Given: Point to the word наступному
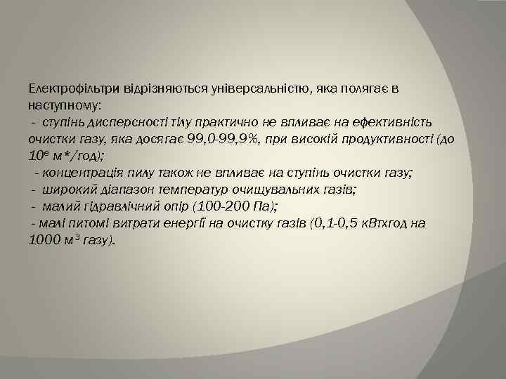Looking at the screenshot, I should (x=64, y=105).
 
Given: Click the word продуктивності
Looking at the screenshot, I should (x=377, y=139).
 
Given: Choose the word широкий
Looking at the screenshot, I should (x=68, y=189).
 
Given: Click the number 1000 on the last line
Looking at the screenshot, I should (x=44, y=240).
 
